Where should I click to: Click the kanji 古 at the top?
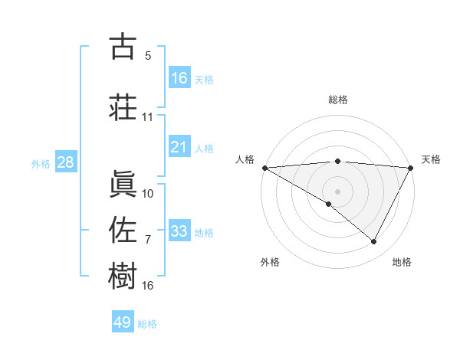(x=123, y=47)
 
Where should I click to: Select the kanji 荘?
(x=123, y=106)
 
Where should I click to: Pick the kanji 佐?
(x=123, y=229)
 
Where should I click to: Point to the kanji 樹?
(x=123, y=276)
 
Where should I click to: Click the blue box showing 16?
(x=179, y=78)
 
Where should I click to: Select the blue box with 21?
(x=179, y=147)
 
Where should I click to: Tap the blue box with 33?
(x=179, y=231)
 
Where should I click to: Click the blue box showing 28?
(x=64, y=162)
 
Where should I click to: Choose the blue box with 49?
(x=123, y=322)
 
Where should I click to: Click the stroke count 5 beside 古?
(x=148, y=56)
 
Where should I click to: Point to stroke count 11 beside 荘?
(x=148, y=117)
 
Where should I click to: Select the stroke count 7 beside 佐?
(x=148, y=240)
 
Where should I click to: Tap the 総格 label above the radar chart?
(x=337, y=100)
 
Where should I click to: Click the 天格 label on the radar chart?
(x=431, y=159)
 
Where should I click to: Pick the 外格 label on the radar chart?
(x=269, y=262)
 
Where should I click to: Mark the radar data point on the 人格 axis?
(x=264, y=167)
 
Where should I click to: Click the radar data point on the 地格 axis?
(x=374, y=242)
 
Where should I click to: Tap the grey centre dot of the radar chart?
(x=337, y=191)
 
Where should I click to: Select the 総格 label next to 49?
(x=148, y=324)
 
